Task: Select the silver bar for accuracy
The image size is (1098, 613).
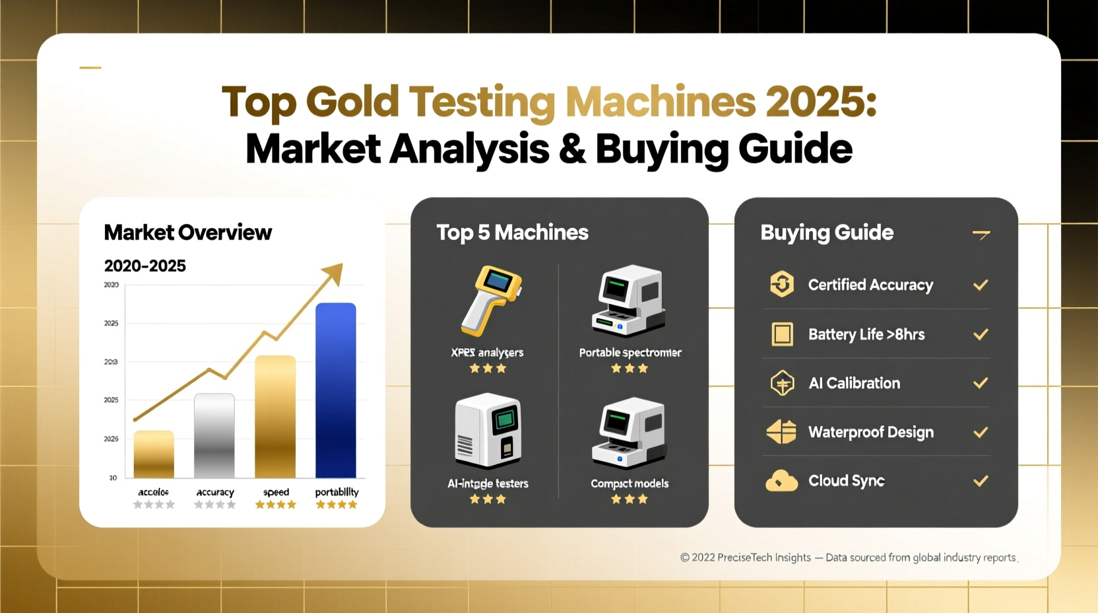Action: pyautogui.click(x=214, y=435)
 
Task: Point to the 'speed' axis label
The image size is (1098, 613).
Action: pyautogui.click(x=276, y=492)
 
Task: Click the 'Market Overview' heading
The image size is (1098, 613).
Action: pyautogui.click(x=187, y=233)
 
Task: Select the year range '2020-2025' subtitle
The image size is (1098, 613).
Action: pyautogui.click(x=145, y=266)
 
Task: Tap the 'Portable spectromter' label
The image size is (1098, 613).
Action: pyautogui.click(x=630, y=353)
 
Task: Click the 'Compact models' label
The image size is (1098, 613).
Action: pyautogui.click(x=630, y=484)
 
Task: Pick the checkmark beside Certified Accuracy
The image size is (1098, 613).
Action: pyautogui.click(x=981, y=285)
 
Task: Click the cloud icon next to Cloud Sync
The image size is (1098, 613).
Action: pyautogui.click(x=781, y=481)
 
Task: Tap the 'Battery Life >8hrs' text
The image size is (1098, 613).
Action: pyautogui.click(x=866, y=334)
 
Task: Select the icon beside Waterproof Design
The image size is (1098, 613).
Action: pyautogui.click(x=781, y=432)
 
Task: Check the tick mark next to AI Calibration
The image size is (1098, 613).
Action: pyautogui.click(x=981, y=383)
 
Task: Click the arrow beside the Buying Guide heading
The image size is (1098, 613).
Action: pyautogui.click(x=981, y=234)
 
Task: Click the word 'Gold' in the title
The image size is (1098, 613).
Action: pyautogui.click(x=352, y=102)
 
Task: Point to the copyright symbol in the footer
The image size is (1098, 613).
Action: pyautogui.click(x=685, y=558)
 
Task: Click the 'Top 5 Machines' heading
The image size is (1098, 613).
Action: pyautogui.click(x=512, y=233)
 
